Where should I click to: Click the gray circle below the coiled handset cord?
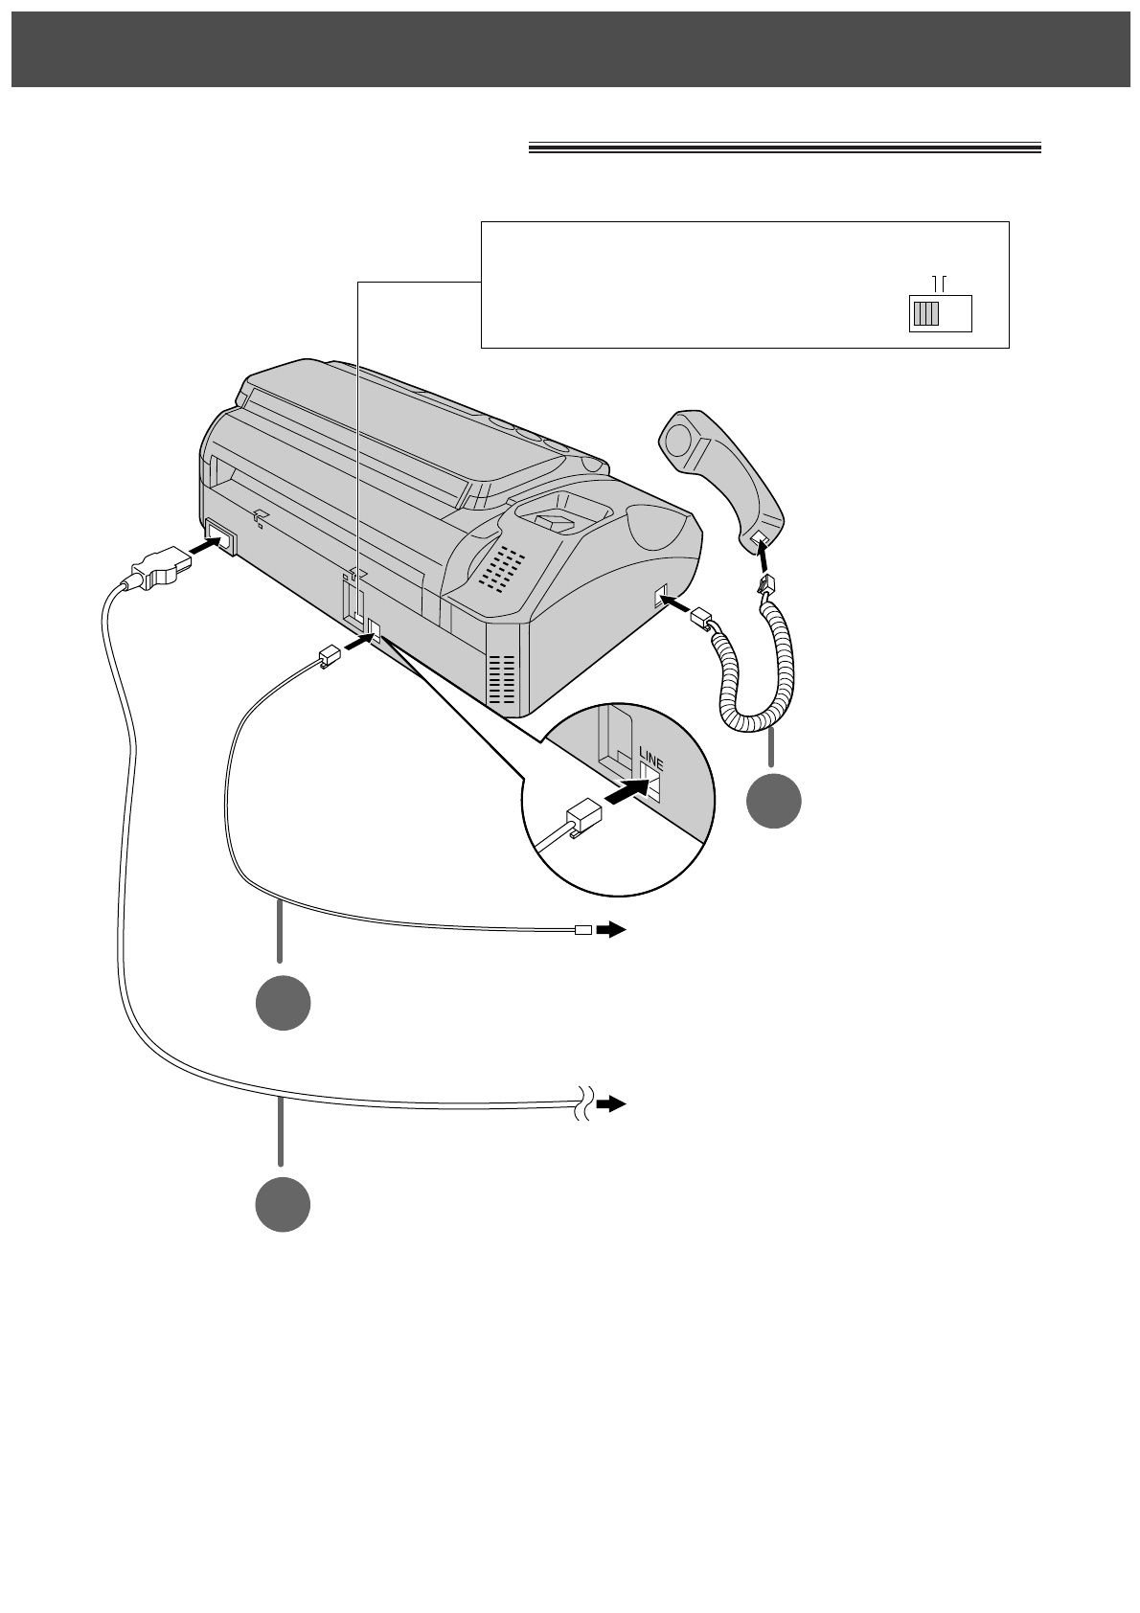point(774,801)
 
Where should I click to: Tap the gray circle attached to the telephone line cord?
point(282,1003)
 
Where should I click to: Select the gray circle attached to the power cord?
point(282,1204)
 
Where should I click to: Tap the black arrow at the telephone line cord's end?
point(611,929)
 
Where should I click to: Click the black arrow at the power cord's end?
point(611,1104)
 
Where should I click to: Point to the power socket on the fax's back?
point(218,535)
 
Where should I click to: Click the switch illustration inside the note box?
point(939,313)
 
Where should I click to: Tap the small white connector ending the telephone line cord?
point(581,929)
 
